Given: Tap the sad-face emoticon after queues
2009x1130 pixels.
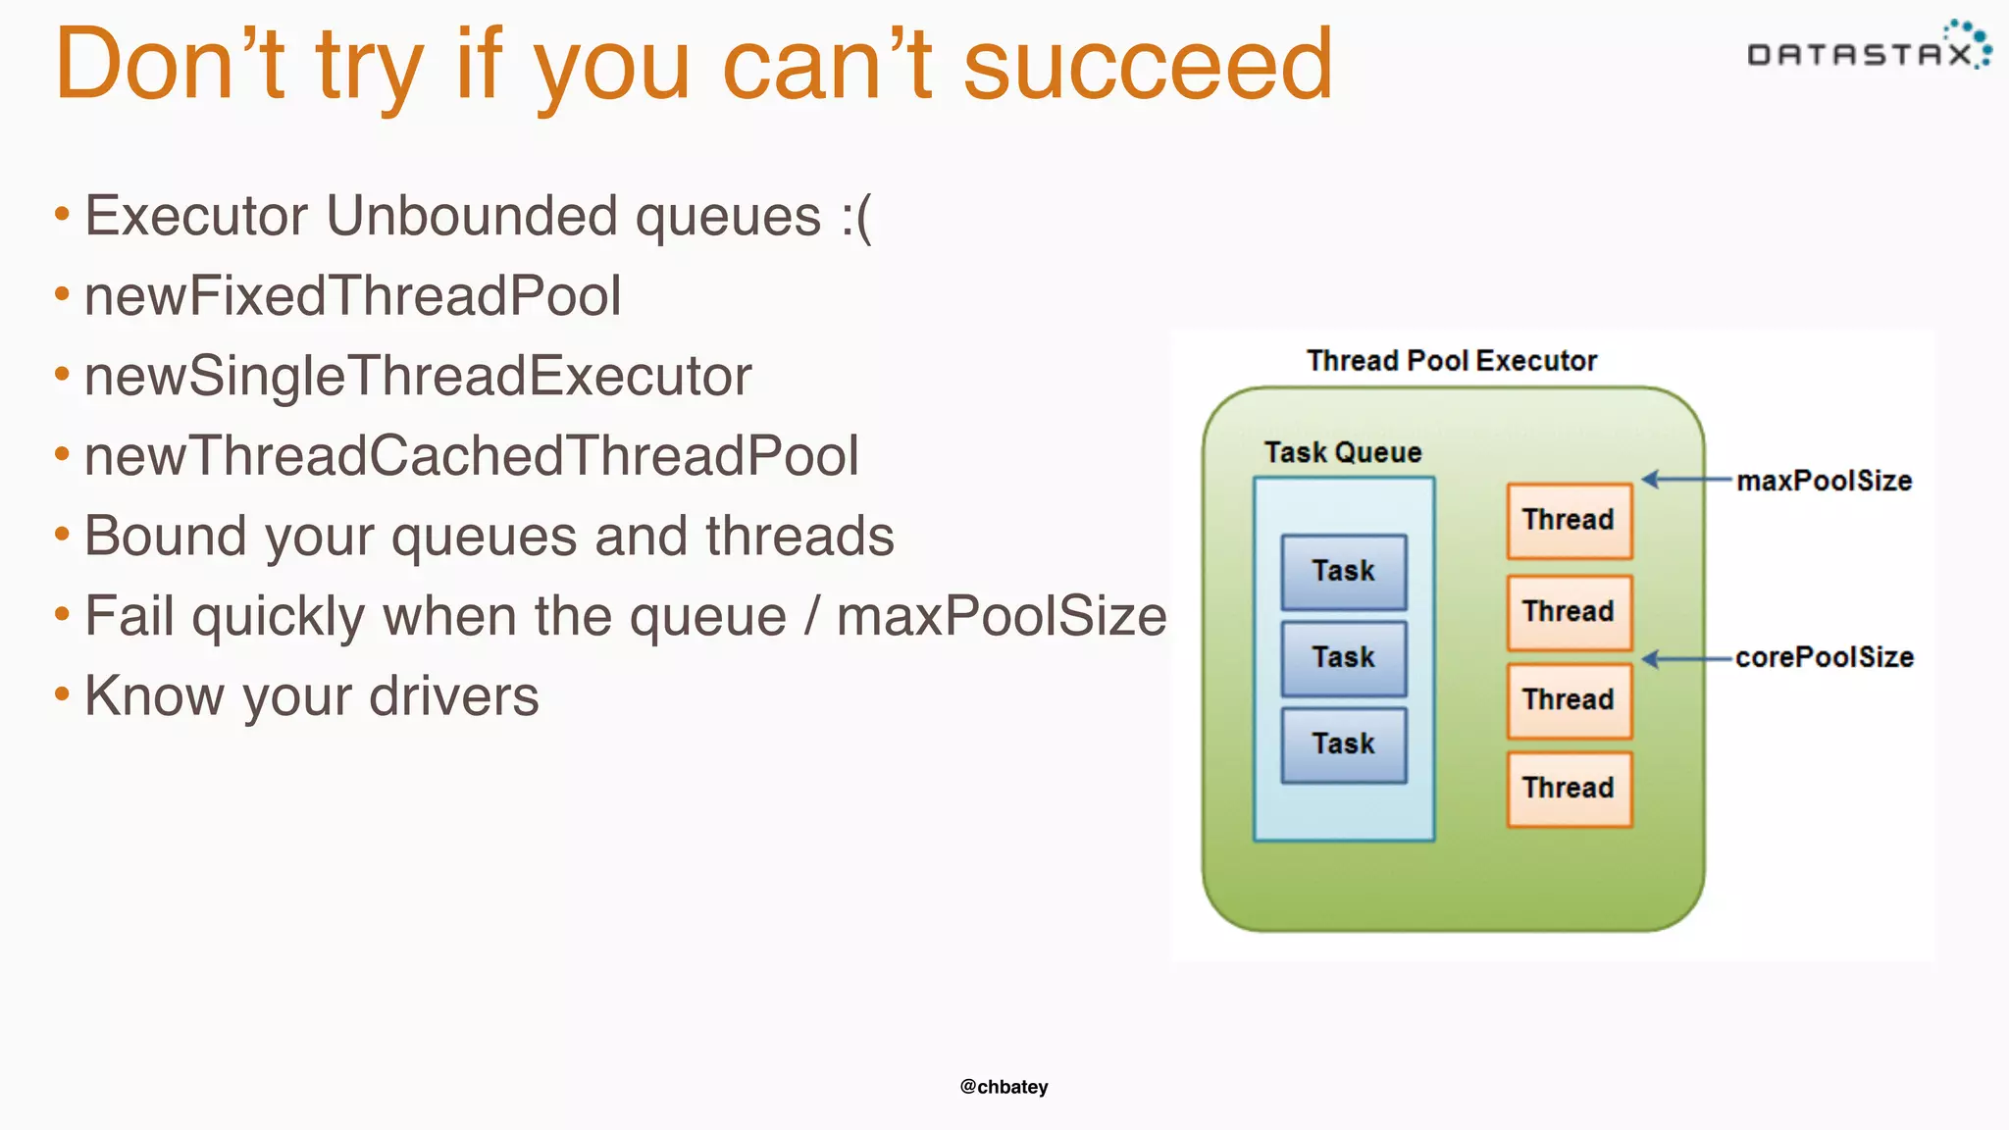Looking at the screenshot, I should (855, 217).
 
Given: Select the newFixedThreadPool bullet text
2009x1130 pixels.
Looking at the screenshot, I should (353, 296).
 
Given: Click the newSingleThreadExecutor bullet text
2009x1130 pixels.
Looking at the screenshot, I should (418, 377).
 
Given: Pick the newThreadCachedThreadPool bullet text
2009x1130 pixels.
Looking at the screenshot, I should (472, 456).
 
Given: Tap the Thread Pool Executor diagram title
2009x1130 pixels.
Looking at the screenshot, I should (1451, 361).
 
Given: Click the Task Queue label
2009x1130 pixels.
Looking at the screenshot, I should (1342, 452).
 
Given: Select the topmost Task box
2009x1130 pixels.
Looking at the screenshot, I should (1343, 572).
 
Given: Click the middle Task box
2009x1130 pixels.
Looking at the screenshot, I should (1343, 658).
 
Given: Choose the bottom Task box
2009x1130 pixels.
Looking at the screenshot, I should (1343, 745).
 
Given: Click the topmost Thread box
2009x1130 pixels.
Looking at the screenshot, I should (1569, 520).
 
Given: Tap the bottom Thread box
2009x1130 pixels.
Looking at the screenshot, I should (1569, 789).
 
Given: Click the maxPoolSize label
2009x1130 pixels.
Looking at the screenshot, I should (1824, 481).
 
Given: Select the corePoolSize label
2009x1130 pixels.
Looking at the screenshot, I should (1824, 657).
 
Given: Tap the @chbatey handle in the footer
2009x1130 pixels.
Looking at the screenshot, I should (1004, 1087).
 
